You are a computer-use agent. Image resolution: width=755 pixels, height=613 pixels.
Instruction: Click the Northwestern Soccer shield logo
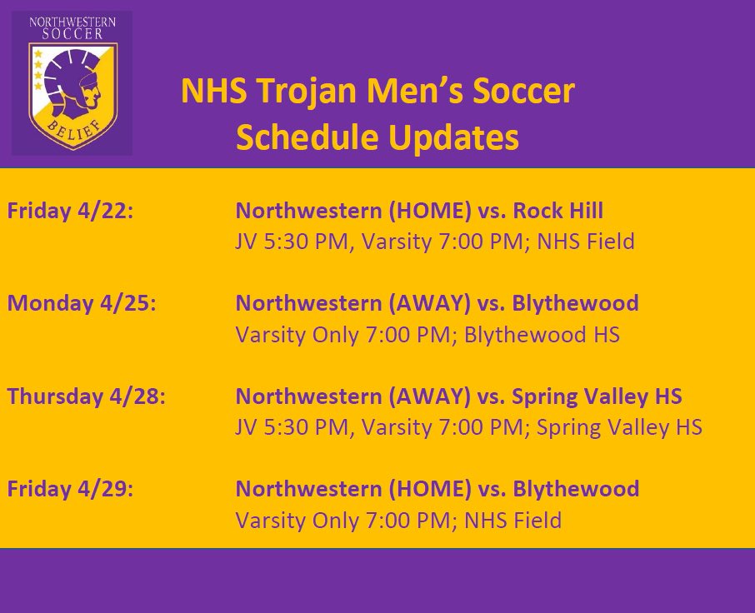click(x=72, y=83)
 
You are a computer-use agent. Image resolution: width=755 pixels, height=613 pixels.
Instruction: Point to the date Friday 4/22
click(x=70, y=210)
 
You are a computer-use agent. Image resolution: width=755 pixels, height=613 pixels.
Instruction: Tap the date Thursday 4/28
click(x=87, y=396)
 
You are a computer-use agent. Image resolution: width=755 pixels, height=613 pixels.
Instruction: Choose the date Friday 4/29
click(x=70, y=488)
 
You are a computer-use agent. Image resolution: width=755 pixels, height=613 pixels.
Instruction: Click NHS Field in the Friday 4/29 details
click(x=512, y=521)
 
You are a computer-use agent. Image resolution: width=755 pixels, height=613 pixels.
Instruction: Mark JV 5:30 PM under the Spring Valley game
click(x=286, y=428)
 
